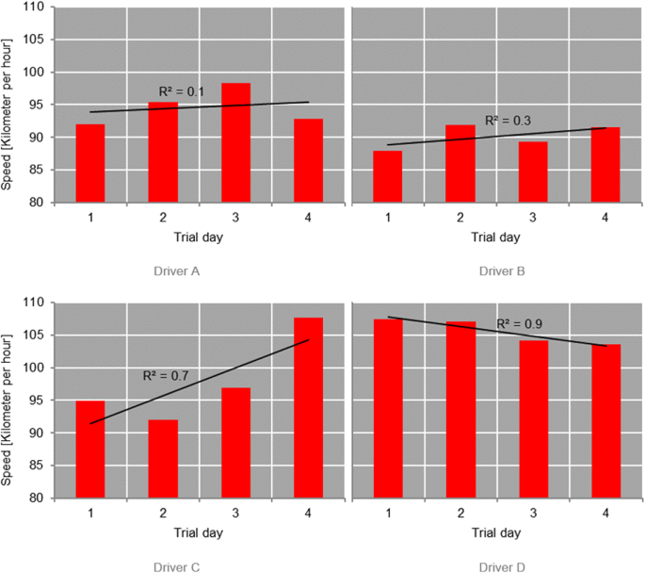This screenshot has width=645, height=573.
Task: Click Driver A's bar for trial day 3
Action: [x=235, y=142]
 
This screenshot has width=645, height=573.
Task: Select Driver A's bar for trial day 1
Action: [x=90, y=163]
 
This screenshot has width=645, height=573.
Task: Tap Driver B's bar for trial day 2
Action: [x=460, y=163]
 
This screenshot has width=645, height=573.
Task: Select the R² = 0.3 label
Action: [x=507, y=121]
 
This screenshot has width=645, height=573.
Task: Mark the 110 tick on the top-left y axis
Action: [x=36, y=8]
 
